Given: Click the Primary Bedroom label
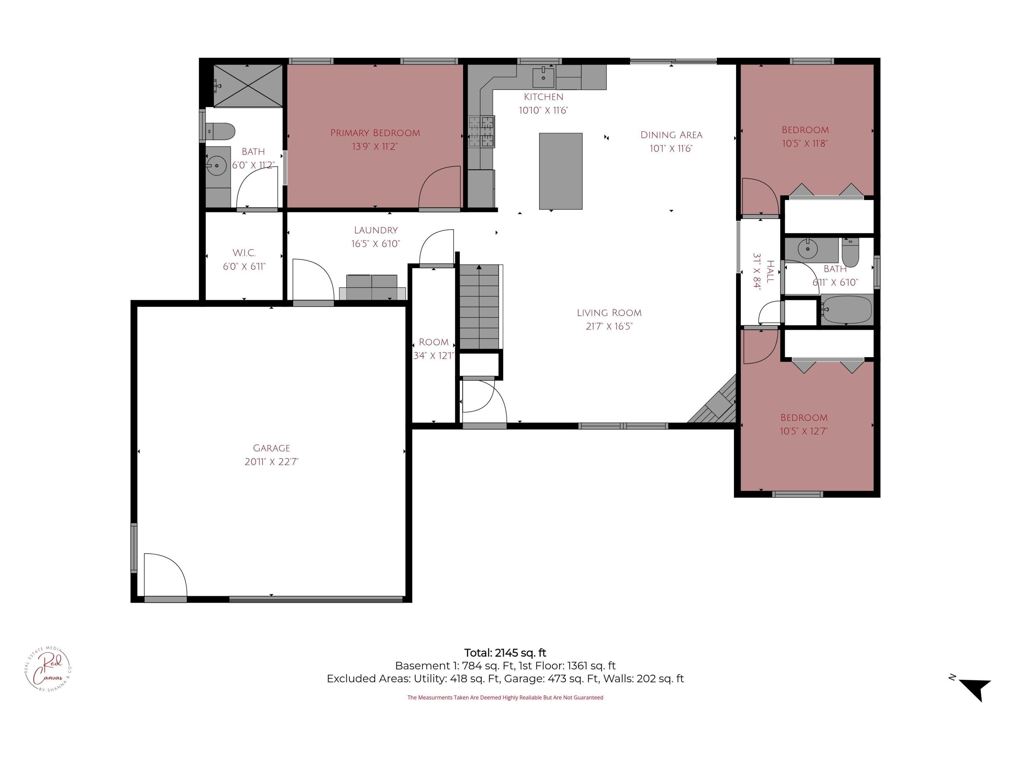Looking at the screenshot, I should coord(375,133).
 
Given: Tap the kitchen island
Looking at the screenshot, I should coord(560,171).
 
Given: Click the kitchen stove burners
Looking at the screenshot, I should coord(481,132).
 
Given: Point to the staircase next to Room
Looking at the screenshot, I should coord(479,307).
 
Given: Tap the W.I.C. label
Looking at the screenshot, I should coord(244,253).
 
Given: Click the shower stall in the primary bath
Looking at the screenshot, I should coord(247,86).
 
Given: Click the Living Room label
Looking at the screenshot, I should coord(609,313).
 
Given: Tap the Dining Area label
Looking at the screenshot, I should coord(671,135).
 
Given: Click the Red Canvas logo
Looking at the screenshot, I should coord(48,669).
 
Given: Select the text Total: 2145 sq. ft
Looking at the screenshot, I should coord(505,653).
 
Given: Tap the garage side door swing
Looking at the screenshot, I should coord(164,574).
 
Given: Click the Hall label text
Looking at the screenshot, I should coord(770,272).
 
